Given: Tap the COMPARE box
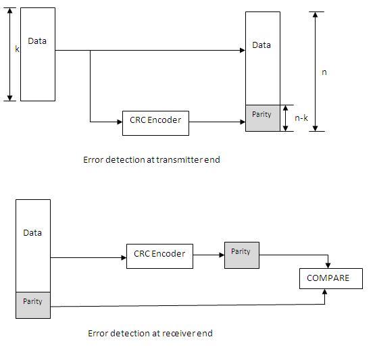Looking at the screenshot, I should point(330,278).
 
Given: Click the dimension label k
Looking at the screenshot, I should point(18,49).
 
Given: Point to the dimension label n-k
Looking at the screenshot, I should point(301,118).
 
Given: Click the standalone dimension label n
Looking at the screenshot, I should point(324,72).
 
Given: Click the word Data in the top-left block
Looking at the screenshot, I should point(37,41).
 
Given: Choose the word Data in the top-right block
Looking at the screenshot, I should point(261,45).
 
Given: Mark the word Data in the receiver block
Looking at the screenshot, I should point(32,232).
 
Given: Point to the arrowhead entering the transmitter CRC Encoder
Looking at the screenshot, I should point(119,122).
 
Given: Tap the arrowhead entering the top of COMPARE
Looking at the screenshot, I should point(327,265).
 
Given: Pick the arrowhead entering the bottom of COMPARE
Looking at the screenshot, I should point(326,292).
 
